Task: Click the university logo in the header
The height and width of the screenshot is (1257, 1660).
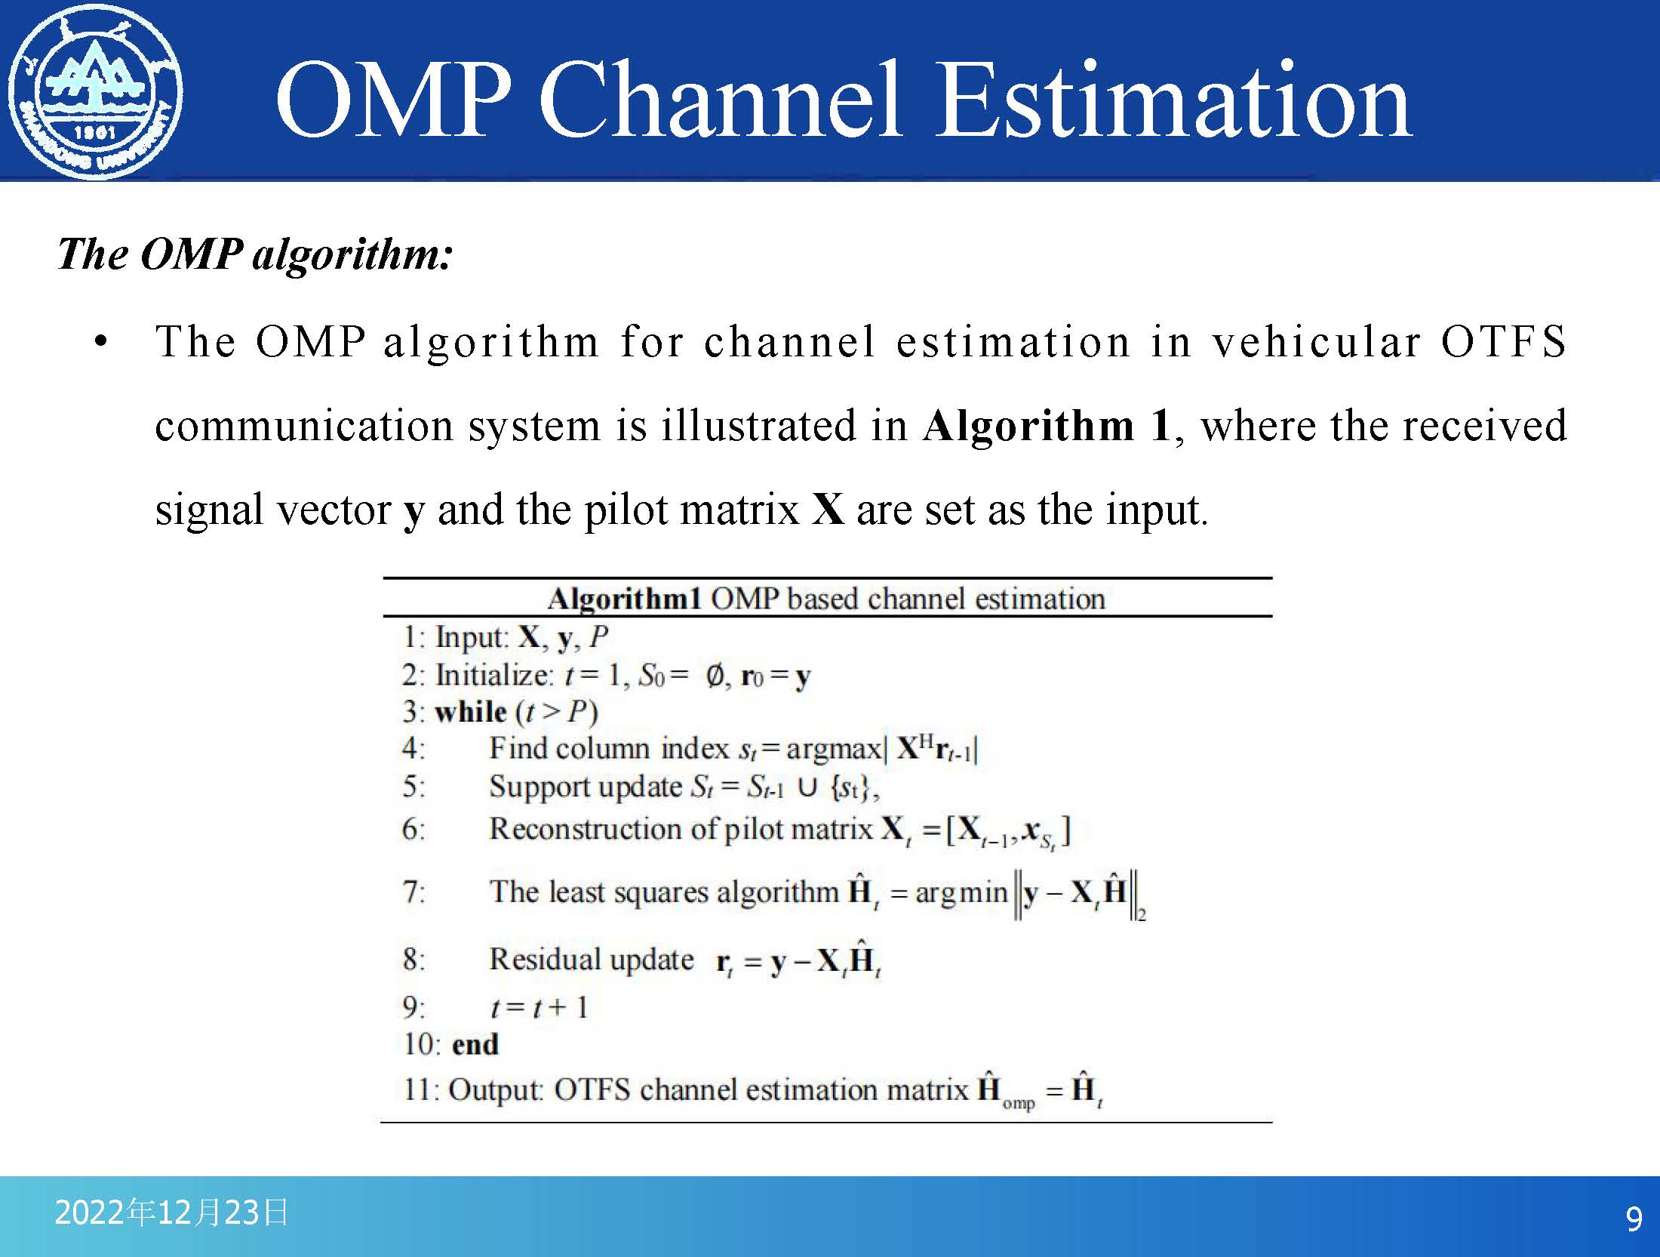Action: point(95,92)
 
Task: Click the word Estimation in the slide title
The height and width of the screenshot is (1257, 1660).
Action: point(1173,100)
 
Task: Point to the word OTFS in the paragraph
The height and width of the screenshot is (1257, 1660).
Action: point(1503,341)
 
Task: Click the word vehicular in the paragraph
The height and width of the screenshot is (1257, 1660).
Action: point(1317,341)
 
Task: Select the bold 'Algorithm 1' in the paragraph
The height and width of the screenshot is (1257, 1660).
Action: point(1047,426)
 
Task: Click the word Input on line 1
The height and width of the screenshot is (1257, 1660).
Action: point(471,639)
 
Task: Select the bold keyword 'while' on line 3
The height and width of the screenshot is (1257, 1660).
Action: point(471,712)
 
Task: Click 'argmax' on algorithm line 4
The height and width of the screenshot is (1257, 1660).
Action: point(833,750)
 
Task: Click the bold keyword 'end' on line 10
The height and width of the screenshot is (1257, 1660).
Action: point(475,1045)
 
